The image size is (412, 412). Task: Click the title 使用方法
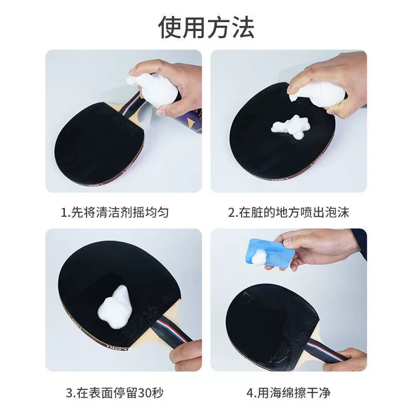207,27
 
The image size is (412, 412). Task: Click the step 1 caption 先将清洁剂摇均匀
119,212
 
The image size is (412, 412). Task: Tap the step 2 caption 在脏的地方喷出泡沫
294,212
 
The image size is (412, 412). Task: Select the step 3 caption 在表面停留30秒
119,393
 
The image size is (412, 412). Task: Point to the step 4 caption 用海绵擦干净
294,393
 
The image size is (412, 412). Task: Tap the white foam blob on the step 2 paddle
290,127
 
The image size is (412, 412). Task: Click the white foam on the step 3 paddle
115,307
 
